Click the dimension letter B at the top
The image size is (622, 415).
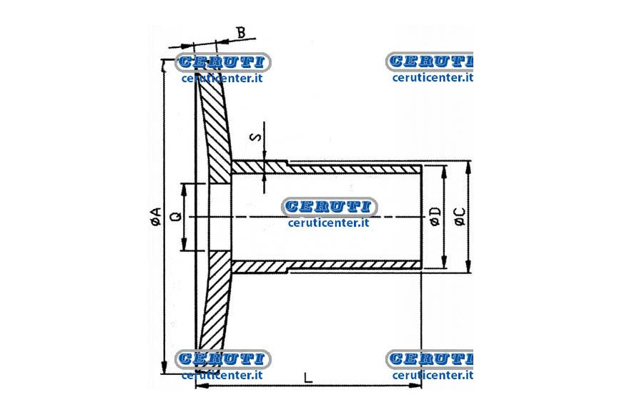point(241,32)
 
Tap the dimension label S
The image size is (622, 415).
point(257,137)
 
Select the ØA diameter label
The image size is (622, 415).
point(157,217)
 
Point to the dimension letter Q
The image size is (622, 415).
point(175,216)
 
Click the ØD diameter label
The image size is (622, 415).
point(435,216)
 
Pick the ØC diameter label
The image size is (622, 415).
point(460,216)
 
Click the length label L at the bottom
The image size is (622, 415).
point(308,377)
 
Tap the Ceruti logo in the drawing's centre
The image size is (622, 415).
point(329,207)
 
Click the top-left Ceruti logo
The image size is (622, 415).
point(222,62)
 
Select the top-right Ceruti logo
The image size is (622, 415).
point(429,62)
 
